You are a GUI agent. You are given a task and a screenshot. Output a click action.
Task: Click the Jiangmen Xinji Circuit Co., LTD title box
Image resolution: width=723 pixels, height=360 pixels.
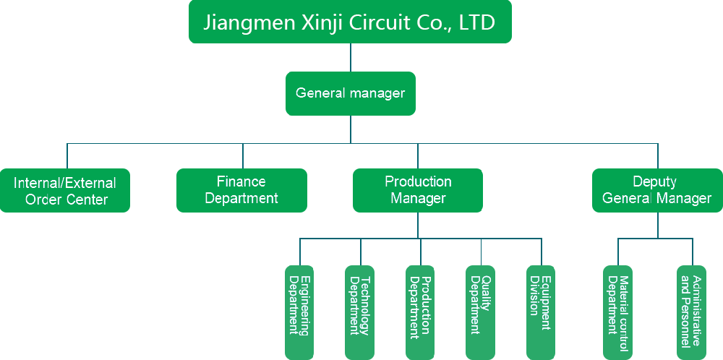(350, 22)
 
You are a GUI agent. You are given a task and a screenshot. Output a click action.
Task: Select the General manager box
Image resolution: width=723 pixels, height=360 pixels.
(350, 93)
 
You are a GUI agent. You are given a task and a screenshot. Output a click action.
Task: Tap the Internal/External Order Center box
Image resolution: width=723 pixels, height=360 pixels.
(65, 190)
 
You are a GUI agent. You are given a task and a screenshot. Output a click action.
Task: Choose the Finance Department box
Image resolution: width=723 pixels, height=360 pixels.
(241, 190)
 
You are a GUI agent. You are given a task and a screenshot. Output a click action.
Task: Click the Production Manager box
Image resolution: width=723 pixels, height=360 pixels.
(418, 190)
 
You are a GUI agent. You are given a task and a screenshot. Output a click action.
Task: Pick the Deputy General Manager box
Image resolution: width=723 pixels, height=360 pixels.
(657, 190)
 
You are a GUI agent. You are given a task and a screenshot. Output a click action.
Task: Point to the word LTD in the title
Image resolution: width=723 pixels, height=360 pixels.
(477, 22)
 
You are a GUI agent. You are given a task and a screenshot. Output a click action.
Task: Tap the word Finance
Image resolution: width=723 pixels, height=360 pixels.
(241, 181)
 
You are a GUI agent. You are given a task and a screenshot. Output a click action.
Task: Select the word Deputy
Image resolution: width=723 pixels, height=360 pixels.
(655, 181)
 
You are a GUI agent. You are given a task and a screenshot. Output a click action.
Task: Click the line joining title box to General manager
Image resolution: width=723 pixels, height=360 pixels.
(351, 57)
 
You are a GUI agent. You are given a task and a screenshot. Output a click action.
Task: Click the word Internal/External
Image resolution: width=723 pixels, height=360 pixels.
(65, 183)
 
